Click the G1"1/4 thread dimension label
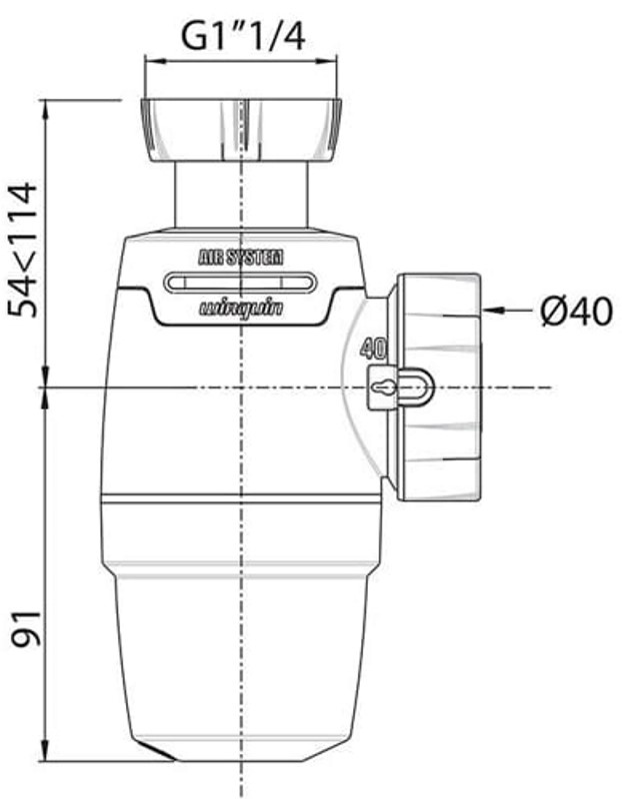coord(243,37)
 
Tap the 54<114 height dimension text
coord(23,251)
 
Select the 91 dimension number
coord(26,628)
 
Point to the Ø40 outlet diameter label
coord(576,311)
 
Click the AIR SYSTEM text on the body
coord(240,258)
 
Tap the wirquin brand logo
coord(240,309)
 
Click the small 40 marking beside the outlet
coord(373,349)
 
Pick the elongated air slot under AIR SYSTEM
coord(240,282)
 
